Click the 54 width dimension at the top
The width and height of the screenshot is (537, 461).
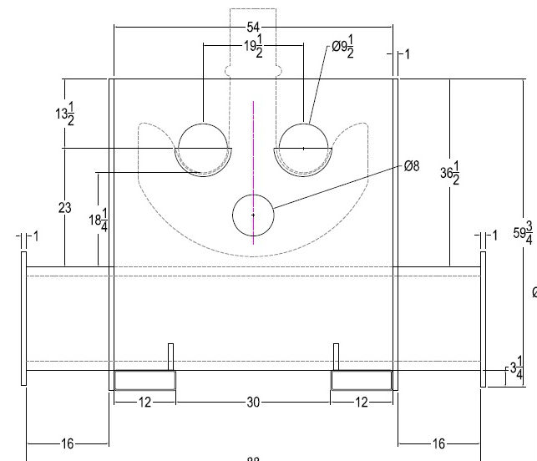click(x=253, y=28)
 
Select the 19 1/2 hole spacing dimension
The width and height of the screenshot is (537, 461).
click(x=253, y=47)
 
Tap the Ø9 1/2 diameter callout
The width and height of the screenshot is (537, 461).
click(x=342, y=48)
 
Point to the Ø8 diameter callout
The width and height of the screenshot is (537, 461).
click(x=411, y=166)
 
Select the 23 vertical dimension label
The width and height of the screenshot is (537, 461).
click(x=65, y=208)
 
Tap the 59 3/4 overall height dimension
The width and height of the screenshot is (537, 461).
click(x=524, y=235)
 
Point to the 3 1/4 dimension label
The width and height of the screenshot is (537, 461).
click(x=516, y=367)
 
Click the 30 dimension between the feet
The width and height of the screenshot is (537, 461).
click(x=253, y=403)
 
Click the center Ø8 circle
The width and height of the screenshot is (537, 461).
click(x=253, y=215)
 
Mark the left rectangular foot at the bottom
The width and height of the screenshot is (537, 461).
click(x=144, y=381)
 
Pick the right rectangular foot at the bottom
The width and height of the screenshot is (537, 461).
click(x=362, y=381)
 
